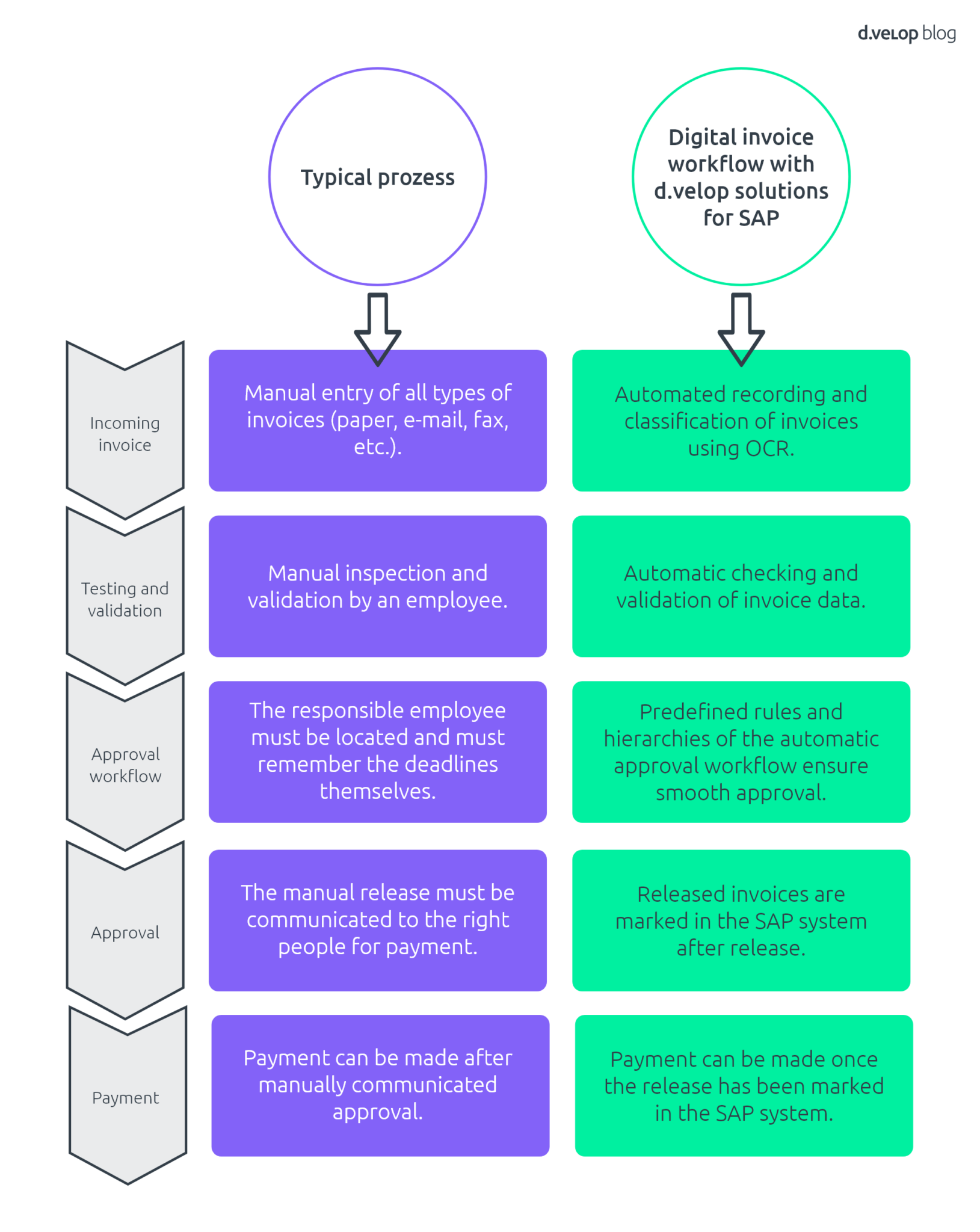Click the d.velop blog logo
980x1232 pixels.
coord(905,33)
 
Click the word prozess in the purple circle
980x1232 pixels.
coord(416,178)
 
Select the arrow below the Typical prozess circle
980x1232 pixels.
coord(377,329)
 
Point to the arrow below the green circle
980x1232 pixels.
coord(741,329)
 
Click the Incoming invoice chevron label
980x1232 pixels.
coord(125,434)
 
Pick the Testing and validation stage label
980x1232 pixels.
coord(125,599)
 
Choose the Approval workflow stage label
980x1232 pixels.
coord(125,765)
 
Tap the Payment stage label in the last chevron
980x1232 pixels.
coord(125,1098)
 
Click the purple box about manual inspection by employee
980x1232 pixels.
coord(377,586)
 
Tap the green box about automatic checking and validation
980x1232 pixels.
coord(741,586)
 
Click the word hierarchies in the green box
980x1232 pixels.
coord(659,739)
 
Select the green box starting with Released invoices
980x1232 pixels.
coord(741,920)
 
